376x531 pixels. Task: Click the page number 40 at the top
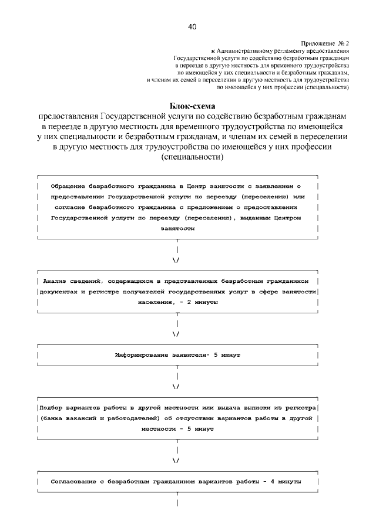tap(193, 26)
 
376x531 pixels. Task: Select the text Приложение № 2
tap(325, 43)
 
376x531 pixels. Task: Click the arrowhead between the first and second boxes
tap(177, 259)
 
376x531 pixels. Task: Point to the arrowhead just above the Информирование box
tap(177, 334)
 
